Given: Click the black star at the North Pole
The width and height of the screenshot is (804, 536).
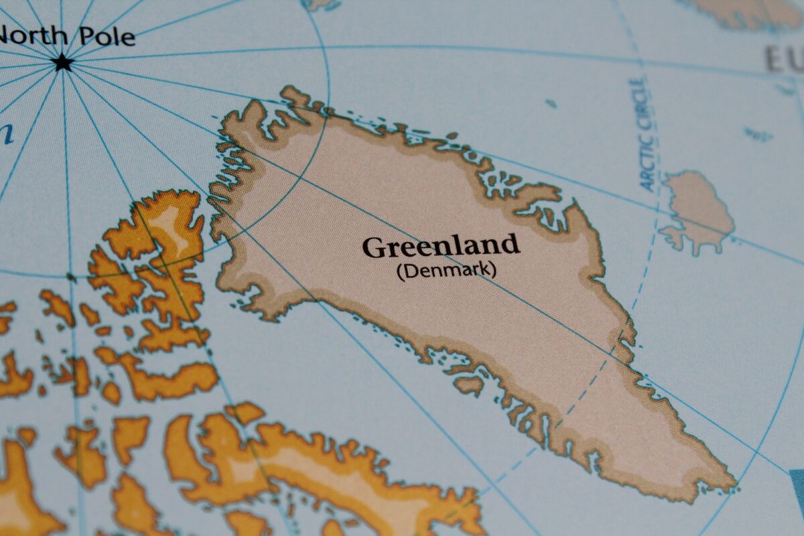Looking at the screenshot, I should point(63,63).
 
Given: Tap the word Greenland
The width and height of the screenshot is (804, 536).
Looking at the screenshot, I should point(440,247).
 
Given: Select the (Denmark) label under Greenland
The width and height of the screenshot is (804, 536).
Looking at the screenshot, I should point(446,271).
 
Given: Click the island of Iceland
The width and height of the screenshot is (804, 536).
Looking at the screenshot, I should point(697,208).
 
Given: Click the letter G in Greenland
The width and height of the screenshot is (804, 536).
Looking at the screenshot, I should point(375,249).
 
